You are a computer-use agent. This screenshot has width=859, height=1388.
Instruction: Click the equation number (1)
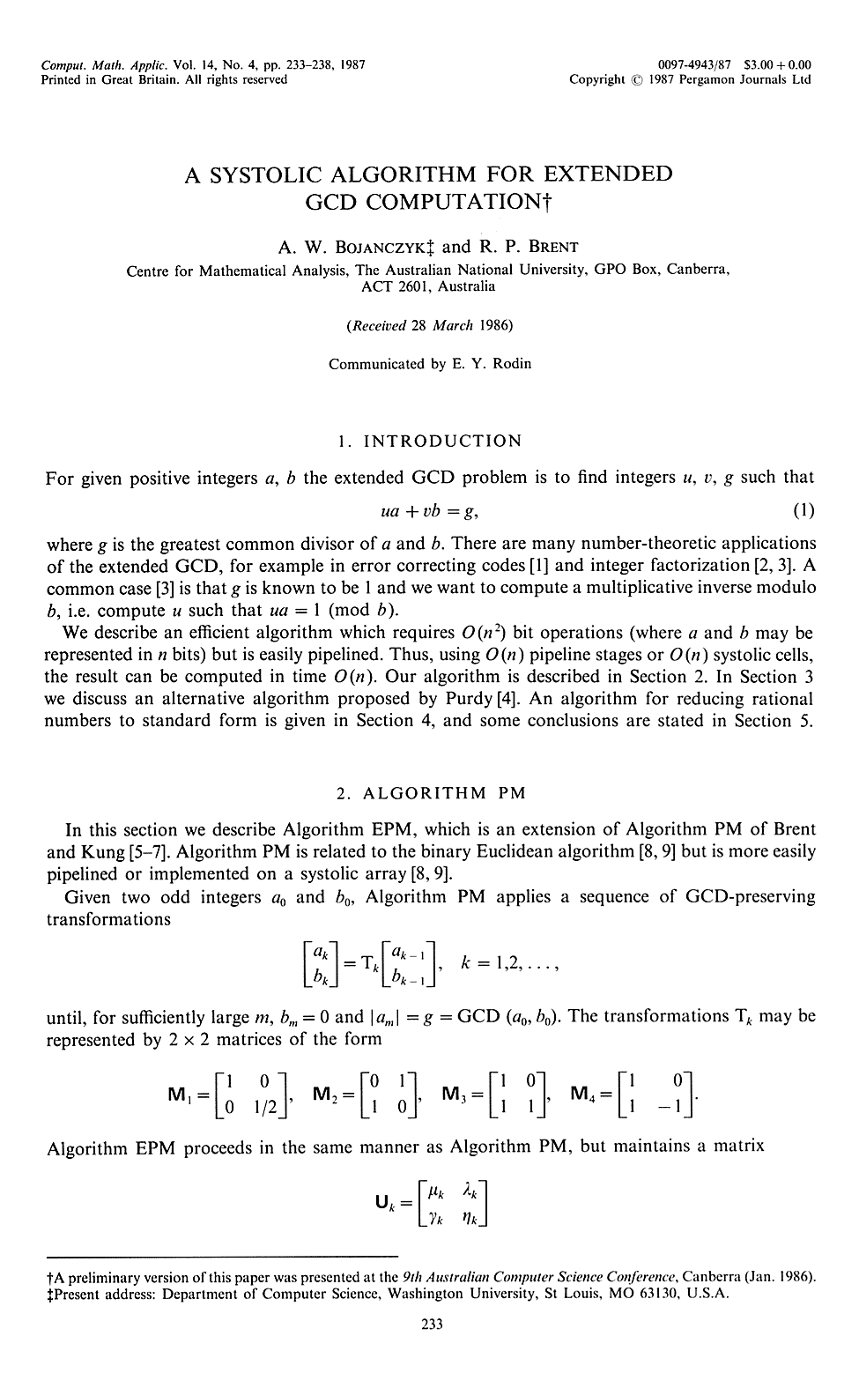pyautogui.click(x=803, y=511)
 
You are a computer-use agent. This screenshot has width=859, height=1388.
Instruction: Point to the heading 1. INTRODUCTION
pyautogui.click(x=431, y=441)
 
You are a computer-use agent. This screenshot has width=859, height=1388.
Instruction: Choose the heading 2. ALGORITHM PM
pyautogui.click(x=431, y=792)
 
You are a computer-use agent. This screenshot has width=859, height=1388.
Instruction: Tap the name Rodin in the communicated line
pyautogui.click(x=511, y=363)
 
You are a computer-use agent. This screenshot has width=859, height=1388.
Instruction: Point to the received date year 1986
pyautogui.click(x=495, y=325)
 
